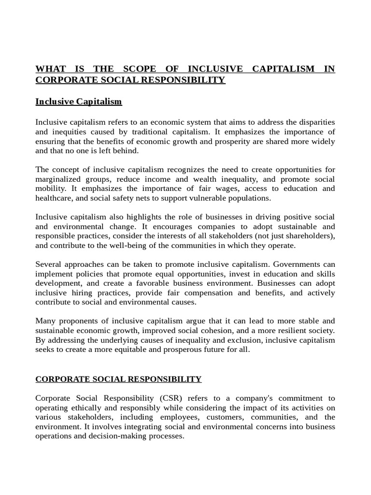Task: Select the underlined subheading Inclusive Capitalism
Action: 79,102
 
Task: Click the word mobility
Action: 50,189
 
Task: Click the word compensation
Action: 213,293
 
